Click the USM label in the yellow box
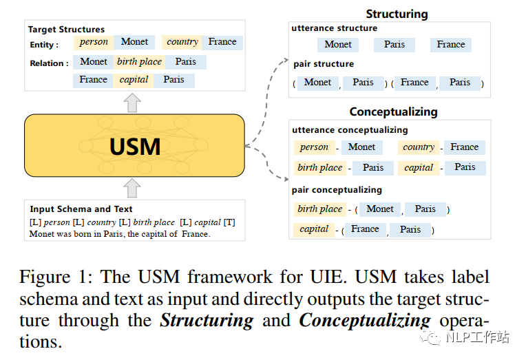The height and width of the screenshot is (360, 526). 135,147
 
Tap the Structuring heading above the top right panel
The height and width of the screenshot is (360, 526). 397,14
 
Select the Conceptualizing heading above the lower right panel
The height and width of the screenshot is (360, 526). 394,112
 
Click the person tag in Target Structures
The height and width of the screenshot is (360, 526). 94,42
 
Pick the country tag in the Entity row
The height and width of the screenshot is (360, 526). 182,42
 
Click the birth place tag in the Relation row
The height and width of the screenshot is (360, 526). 139,62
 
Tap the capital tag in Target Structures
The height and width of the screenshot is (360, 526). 134,80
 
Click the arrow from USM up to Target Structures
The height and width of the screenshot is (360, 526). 132,103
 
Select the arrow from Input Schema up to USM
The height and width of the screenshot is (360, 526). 132,188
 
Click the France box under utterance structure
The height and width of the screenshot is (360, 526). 451,45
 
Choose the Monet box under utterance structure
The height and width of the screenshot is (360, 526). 338,45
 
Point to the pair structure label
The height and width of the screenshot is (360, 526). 324,64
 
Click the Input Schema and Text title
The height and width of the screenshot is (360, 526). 81,209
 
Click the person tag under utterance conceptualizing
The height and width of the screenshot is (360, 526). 315,147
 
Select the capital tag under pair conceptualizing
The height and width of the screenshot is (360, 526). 314,229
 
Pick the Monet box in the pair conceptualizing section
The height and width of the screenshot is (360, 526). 380,209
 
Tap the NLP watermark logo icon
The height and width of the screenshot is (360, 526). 430,337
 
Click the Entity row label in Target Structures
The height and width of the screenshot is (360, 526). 44,45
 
